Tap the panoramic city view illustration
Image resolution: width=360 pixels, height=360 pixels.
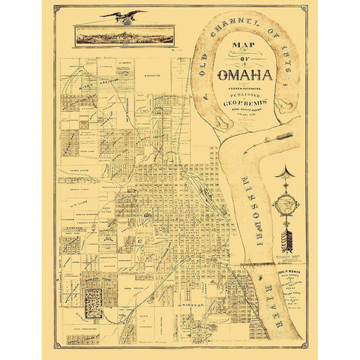(x=124, y=34)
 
